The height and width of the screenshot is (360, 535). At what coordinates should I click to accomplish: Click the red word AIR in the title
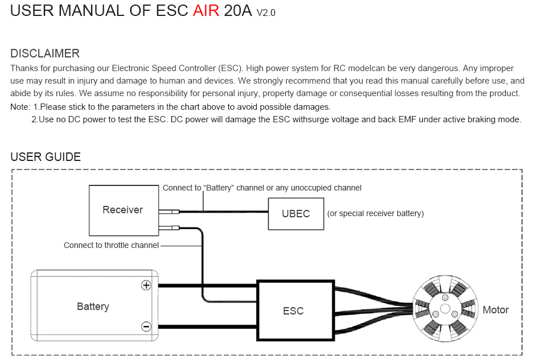pos(205,11)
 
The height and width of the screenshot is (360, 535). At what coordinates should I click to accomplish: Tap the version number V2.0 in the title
pos(266,13)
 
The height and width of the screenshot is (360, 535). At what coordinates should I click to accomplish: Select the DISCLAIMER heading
pos(45,54)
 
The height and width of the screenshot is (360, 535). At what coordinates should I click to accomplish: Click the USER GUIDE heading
pos(46,157)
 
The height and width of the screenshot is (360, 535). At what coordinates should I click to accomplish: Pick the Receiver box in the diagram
pos(123,210)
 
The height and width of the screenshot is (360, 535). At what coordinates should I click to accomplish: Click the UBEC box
pos(296,214)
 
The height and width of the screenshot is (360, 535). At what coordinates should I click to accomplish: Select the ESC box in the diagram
pos(294,311)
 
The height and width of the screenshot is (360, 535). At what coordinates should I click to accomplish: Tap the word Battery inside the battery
pos(93,307)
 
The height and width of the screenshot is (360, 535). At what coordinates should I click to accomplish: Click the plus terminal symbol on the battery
pos(146,285)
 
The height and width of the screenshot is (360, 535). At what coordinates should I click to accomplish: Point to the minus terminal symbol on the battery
pos(146,326)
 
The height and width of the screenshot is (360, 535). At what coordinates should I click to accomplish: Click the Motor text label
pos(495,310)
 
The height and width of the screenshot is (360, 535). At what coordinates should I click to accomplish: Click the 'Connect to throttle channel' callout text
pos(111,245)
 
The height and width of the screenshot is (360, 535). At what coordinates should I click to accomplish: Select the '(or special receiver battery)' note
pos(376,214)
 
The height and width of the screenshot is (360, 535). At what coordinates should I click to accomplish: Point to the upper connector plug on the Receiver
pos(169,212)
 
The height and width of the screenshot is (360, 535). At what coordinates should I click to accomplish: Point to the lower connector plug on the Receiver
pos(169,229)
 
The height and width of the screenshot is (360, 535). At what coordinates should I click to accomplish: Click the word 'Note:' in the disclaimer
pos(20,107)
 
